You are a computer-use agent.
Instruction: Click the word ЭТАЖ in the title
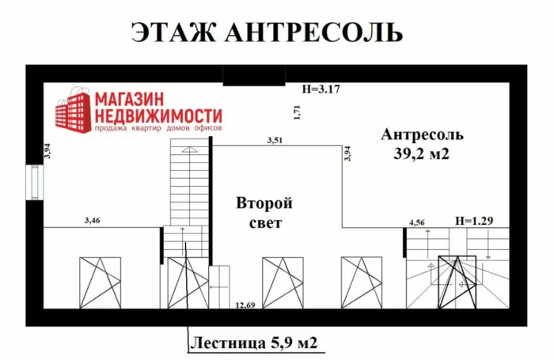pyautogui.click(x=173, y=32)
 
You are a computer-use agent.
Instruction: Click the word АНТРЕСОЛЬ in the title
pyautogui.click(x=313, y=32)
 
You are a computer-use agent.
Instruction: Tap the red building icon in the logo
pyautogui.click(x=73, y=110)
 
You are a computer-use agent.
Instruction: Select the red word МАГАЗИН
pyautogui.click(x=130, y=99)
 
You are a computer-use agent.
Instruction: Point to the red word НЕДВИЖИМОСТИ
pyautogui.click(x=158, y=116)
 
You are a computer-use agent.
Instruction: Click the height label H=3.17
pyautogui.click(x=321, y=89)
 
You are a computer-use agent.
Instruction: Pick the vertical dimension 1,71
pyautogui.click(x=297, y=112)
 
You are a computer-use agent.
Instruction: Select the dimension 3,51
pyautogui.click(x=275, y=140)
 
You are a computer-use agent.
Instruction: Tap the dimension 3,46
pyautogui.click(x=93, y=221)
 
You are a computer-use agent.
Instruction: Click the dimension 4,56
pyautogui.click(x=417, y=222)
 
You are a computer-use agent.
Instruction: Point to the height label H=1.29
pyautogui.click(x=474, y=221)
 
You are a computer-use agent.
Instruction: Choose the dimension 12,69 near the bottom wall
pyautogui.click(x=245, y=305)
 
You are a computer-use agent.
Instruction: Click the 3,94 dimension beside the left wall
pyautogui.click(x=47, y=150)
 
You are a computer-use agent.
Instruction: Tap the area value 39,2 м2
pyautogui.click(x=421, y=153)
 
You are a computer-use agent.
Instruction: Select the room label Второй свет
pyautogui.click(x=264, y=213)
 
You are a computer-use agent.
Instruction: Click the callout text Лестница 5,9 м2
pyautogui.click(x=254, y=343)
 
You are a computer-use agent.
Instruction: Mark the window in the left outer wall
pyautogui.click(x=35, y=182)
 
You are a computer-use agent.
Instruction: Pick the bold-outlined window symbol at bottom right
pyautogui.click(x=457, y=282)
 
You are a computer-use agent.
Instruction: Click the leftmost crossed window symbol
pyautogui.click(x=101, y=282)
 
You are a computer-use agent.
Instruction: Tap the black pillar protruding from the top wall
pyautogui.click(x=254, y=75)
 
